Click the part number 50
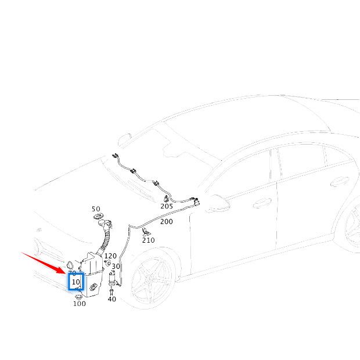point(96,209)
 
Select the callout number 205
point(167,206)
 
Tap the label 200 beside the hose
point(166,221)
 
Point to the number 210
point(149,240)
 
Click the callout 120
point(110,255)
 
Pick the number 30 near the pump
point(116,267)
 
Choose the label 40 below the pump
point(111,299)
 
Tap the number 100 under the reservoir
point(79,303)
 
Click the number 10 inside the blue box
point(76,282)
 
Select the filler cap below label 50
point(97,218)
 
